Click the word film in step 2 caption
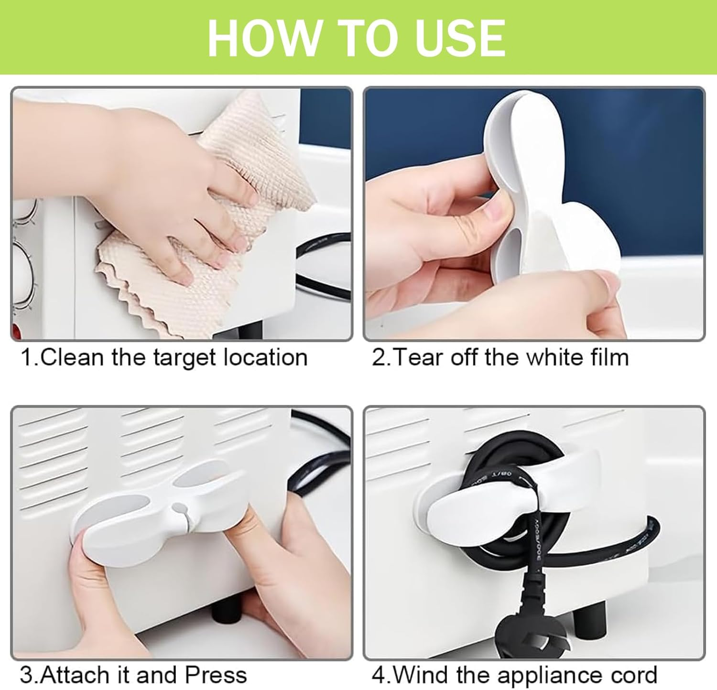(x=608, y=357)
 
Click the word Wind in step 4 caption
(x=422, y=675)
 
